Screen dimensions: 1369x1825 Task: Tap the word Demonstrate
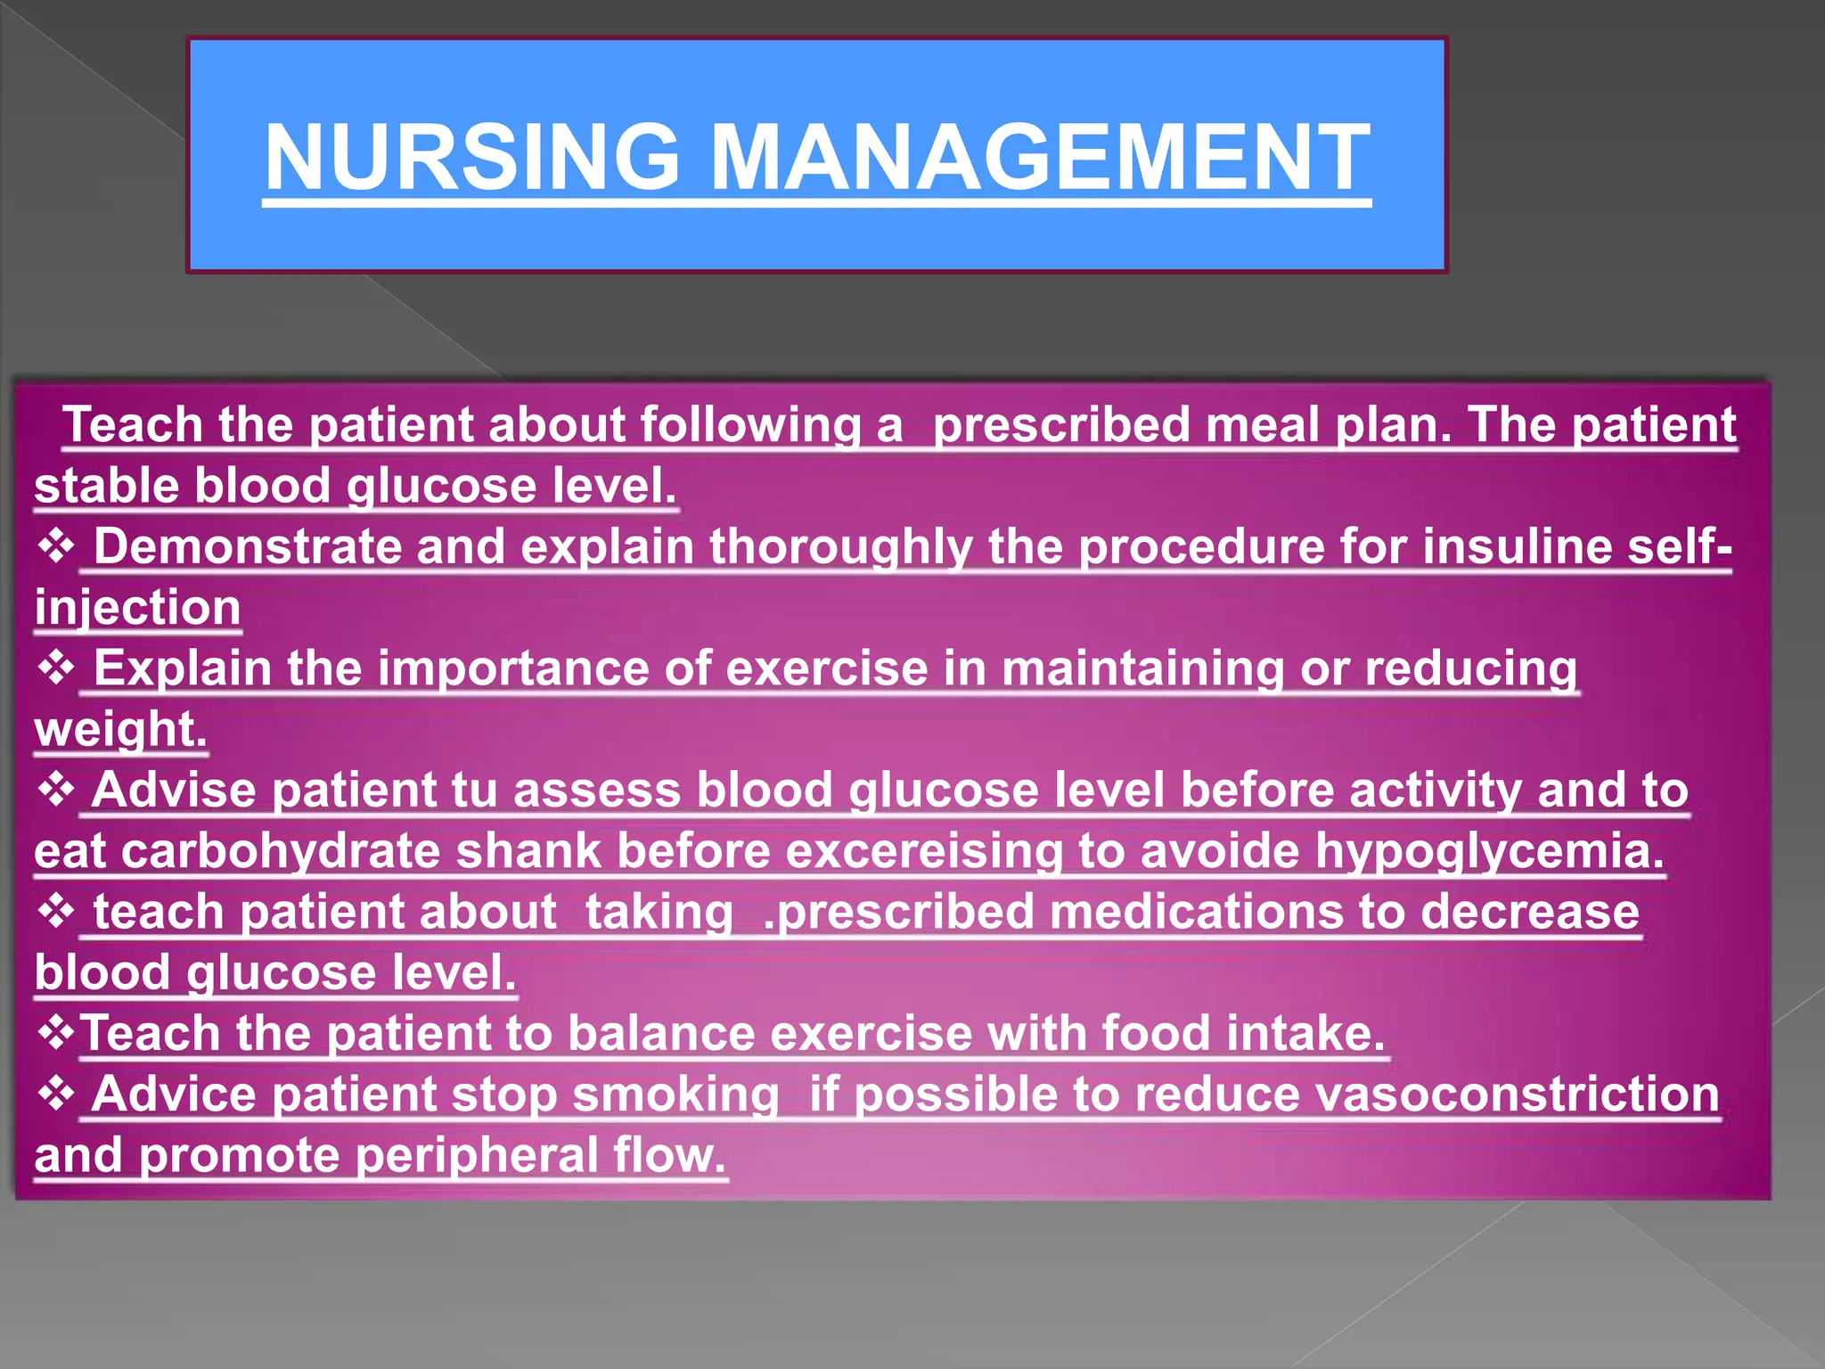(247, 546)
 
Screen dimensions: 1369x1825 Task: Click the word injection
(138, 608)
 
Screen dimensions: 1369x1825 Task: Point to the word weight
(120, 729)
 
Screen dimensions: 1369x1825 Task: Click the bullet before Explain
(56, 668)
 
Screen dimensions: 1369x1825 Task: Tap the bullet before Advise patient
(56, 790)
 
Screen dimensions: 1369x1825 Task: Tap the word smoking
(675, 1094)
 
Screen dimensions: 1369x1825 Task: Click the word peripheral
(476, 1155)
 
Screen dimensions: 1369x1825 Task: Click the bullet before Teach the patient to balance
(56, 1034)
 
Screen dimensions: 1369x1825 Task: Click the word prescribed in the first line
(1060, 424)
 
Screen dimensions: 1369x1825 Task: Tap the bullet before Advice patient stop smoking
(56, 1094)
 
